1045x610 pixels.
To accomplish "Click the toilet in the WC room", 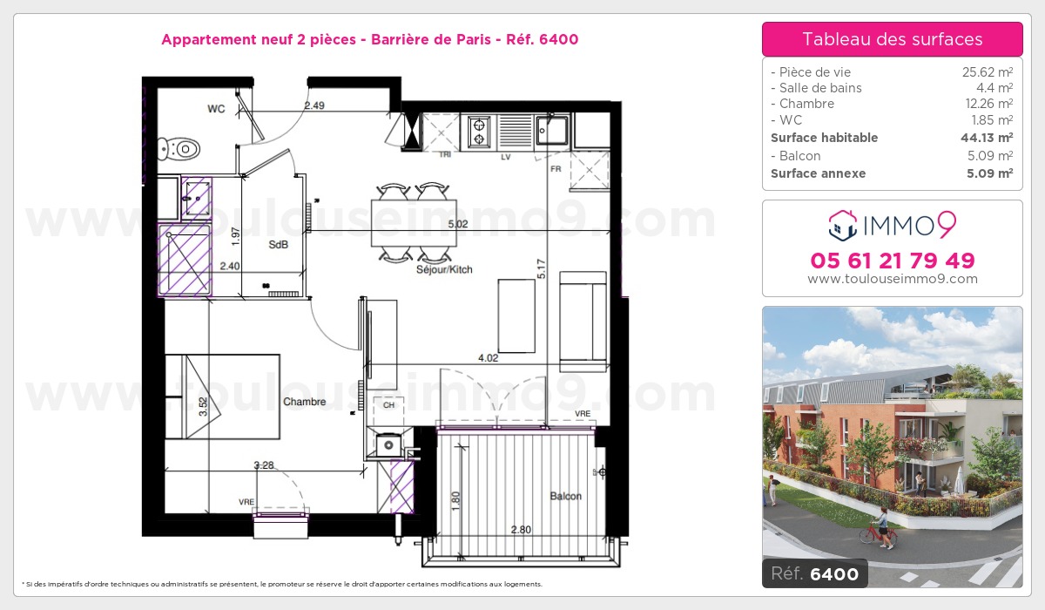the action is [x=179, y=149].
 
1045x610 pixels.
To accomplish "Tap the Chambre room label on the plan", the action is [x=304, y=402].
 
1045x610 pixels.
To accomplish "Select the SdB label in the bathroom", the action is [x=278, y=245].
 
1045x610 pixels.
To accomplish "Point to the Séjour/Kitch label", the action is [x=444, y=269].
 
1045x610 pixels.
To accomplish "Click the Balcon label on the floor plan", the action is [x=565, y=496].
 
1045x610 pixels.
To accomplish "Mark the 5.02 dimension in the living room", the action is [x=458, y=224].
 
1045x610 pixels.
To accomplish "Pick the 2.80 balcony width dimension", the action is [x=521, y=530].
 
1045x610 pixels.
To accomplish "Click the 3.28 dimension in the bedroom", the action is [x=264, y=465].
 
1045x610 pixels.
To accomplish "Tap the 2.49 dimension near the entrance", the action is [x=314, y=105].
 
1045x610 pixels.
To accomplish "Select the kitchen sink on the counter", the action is [x=552, y=131].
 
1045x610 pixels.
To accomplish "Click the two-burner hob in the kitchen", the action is [x=479, y=132].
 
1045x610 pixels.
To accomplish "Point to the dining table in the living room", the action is [x=414, y=223].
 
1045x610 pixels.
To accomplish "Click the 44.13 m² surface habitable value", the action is [x=987, y=138].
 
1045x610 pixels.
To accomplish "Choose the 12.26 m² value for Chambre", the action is [x=989, y=103].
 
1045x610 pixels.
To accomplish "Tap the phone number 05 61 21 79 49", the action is [x=893, y=261].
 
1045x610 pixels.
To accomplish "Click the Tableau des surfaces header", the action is [x=893, y=39].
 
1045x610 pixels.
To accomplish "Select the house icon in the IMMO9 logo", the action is [x=843, y=226].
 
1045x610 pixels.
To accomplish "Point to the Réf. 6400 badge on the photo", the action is [x=814, y=573].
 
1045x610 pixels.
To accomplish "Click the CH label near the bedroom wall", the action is [x=388, y=405].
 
